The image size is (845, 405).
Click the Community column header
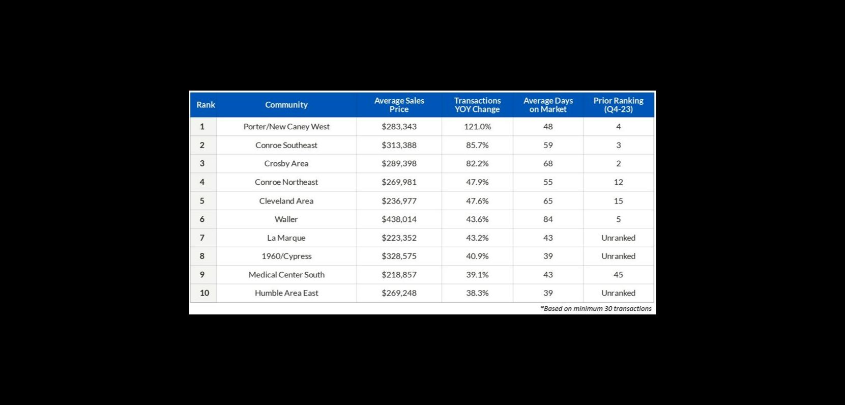click(286, 105)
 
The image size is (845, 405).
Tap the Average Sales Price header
click(399, 105)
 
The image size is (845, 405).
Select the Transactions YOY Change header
click(477, 105)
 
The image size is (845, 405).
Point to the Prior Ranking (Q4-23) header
click(618, 105)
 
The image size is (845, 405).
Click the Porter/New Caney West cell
click(286, 127)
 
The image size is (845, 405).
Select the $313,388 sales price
click(399, 145)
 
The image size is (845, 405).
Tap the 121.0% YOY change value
click(477, 127)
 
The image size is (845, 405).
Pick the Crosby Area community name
click(286, 163)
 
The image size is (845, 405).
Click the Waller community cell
click(286, 219)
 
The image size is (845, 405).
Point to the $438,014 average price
click(399, 219)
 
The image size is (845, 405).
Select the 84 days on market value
click(548, 219)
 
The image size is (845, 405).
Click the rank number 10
click(204, 293)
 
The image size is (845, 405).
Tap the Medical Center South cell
click(286, 275)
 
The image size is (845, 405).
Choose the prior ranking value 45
click(618, 275)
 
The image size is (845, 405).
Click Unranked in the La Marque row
click(618, 238)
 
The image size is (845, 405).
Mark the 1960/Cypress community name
click(286, 256)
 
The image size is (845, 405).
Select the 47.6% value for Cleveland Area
click(477, 201)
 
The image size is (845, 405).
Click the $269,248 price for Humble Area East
click(399, 293)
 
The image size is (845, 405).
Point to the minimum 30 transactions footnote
click(596, 308)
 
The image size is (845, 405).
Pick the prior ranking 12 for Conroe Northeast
click(618, 182)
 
